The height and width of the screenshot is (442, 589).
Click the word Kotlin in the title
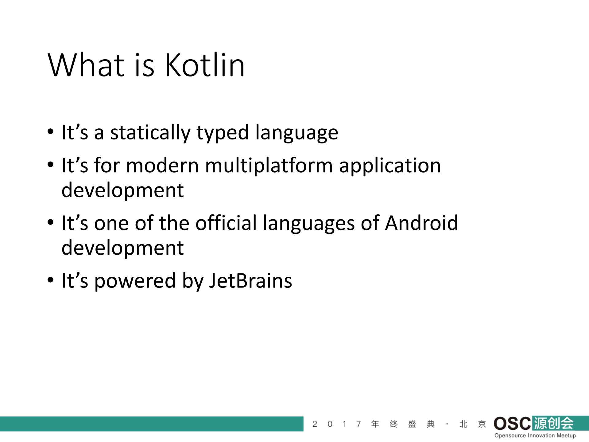205,65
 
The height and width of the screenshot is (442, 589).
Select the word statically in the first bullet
150,133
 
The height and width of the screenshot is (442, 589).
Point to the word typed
223,133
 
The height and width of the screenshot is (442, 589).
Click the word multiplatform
269,166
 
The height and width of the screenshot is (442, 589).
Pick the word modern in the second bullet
162,166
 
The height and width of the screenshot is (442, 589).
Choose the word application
390,166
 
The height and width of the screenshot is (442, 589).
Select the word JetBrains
250,281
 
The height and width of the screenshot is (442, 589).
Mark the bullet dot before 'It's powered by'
51,280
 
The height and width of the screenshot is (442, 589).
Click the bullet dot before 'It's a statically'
51,132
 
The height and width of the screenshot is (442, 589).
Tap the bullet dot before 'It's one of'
51,222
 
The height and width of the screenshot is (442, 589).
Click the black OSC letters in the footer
512,424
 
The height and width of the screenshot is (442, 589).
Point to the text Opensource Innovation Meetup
535,436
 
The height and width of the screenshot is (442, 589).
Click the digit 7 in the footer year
358,424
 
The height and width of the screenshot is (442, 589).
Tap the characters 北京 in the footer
473,424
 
